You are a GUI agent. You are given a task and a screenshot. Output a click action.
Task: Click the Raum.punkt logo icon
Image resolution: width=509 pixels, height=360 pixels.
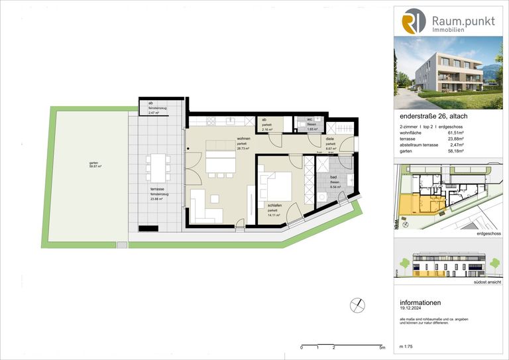[x=413, y=21]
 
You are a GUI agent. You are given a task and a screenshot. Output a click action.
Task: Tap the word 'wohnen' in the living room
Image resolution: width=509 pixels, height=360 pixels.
[x=225, y=139]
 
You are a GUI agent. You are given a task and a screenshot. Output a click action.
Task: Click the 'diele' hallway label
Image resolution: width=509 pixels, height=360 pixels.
[x=329, y=139]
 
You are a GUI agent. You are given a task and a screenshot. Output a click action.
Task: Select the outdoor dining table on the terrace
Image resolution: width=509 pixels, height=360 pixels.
[x=157, y=168]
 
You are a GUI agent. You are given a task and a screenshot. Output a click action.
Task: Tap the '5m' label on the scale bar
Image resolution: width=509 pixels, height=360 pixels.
[x=382, y=347]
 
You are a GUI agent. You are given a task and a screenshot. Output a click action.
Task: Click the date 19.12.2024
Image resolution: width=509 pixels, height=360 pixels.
[x=412, y=308]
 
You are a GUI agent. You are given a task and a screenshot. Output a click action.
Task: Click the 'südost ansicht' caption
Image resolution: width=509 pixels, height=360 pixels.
[x=485, y=282]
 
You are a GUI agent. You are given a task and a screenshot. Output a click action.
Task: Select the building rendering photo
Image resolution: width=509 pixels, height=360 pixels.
[x=448, y=73]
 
